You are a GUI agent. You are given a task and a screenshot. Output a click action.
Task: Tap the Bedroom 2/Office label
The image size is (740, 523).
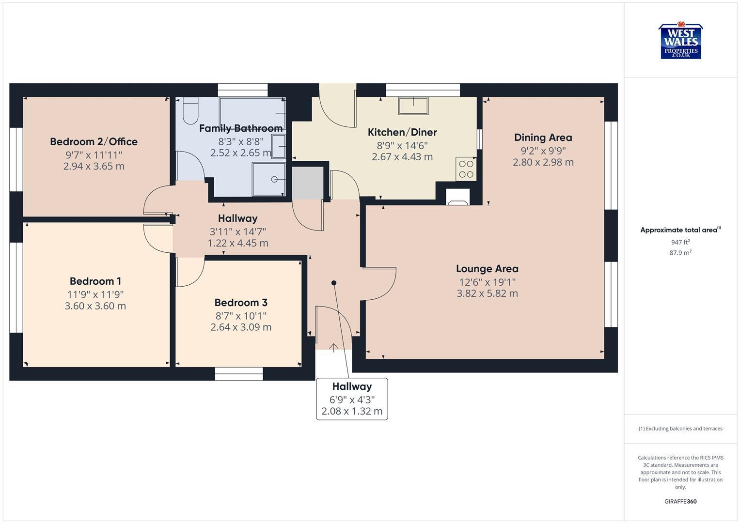tap(94, 141)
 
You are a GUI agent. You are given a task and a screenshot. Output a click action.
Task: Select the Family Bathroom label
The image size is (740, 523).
tap(240, 128)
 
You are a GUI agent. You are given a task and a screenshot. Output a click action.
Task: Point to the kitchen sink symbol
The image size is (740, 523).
tap(413, 106)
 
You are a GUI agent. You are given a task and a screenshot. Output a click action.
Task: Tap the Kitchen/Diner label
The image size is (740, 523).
tap(402, 132)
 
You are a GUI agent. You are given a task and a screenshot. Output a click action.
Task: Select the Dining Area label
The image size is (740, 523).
tap(543, 138)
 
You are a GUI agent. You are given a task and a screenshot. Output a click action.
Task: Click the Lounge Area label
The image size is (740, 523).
tap(487, 269)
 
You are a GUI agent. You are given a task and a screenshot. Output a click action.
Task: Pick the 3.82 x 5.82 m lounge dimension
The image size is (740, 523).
tap(487, 293)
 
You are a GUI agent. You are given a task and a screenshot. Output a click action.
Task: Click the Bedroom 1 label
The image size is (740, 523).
tap(95, 281)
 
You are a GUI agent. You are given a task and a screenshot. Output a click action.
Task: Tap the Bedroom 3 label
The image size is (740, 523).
tap(240, 303)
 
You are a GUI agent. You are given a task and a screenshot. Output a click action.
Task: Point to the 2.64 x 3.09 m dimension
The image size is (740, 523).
tap(240, 327)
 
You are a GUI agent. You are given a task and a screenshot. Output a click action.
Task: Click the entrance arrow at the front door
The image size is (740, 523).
tap(333, 347)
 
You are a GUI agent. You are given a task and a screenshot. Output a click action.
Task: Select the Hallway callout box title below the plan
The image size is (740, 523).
tap(352, 386)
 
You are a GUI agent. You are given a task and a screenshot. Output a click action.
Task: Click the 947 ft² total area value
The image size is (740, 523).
tap(680, 242)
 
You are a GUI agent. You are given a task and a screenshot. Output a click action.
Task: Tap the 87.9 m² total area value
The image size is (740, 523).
tap(680, 253)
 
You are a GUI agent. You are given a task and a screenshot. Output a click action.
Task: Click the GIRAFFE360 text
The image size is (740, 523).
tap(680, 502)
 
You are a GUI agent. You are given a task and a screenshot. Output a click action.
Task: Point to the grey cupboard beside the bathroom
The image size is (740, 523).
tap(307, 183)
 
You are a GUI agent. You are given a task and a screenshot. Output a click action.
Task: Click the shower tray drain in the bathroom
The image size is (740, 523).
tap(274, 180)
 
